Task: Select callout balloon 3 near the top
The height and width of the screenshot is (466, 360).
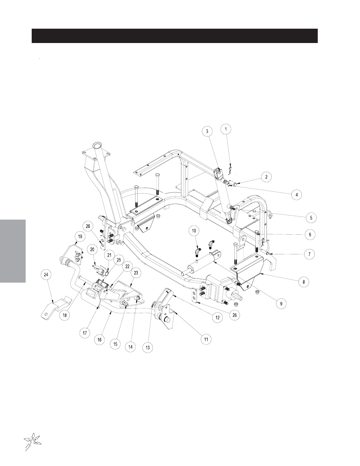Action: point(207,131)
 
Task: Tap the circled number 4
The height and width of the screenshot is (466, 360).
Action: point(297,195)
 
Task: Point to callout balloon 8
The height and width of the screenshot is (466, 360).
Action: point(303,281)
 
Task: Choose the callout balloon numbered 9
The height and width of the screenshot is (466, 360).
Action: point(281,303)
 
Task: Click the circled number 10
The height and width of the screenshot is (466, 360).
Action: point(194,231)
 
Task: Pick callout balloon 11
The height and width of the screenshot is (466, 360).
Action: point(206,339)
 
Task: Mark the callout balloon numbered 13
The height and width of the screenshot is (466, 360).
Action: point(148,348)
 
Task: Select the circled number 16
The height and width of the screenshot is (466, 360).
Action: point(100,340)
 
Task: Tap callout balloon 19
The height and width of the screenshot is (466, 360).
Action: point(80,237)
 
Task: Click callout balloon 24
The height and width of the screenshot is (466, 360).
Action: point(46,275)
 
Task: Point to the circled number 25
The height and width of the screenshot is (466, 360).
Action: point(119,260)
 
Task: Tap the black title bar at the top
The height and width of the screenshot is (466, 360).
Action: point(175,36)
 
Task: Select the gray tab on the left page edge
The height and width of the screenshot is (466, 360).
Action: point(13,251)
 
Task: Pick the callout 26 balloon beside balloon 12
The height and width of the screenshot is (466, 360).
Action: point(235,315)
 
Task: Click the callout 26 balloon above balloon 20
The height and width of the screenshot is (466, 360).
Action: point(88,226)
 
